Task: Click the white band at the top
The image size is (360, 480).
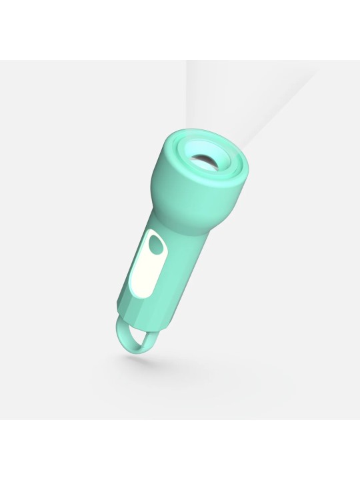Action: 180,30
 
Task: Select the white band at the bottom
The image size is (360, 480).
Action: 180,450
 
